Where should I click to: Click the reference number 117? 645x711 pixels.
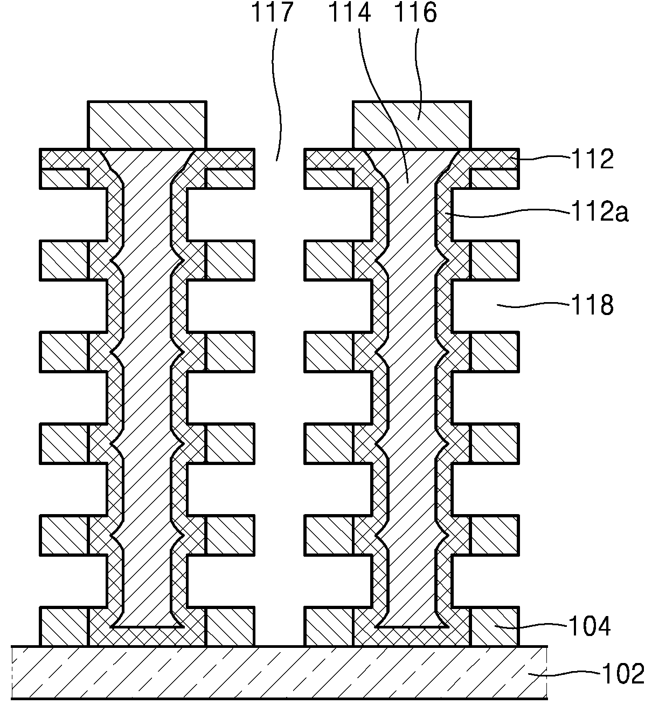tap(272, 12)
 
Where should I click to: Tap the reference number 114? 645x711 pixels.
tap(350, 12)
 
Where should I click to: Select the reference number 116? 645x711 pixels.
tap(415, 12)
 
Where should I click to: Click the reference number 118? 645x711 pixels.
tap(592, 304)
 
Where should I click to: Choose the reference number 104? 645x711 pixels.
tap(589, 626)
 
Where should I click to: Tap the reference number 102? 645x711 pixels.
tap(623, 674)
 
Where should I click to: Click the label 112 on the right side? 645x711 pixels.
tap(592, 159)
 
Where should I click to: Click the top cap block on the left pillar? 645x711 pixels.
tap(147, 125)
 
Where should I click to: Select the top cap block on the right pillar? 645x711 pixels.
tap(412, 125)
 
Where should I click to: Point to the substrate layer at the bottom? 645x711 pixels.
tap(280, 672)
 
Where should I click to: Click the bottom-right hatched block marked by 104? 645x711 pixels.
tap(495, 626)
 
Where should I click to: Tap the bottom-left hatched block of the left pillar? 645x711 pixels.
tap(64, 626)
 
